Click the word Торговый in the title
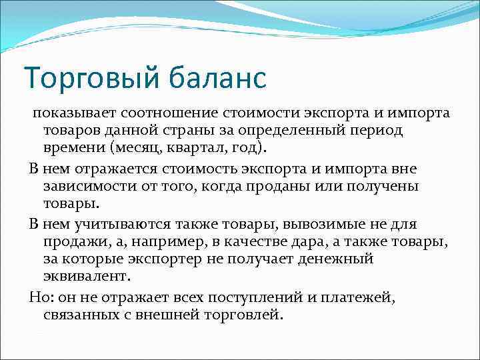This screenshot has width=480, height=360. click(85, 77)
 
